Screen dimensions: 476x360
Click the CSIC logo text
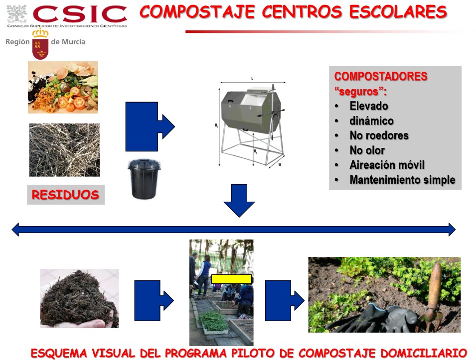pos(80,14)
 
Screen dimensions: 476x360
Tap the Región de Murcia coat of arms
pos(40,44)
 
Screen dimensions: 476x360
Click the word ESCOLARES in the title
pos(398,12)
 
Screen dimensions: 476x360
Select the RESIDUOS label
pos(66,195)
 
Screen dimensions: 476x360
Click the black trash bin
pos(144,179)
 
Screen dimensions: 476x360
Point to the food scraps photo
pos(63,87)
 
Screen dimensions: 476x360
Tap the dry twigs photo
pos(64,150)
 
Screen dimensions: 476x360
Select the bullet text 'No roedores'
pos(379,135)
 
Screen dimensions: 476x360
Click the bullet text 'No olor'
pos(367,150)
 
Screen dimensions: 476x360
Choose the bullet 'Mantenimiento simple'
pos(402,180)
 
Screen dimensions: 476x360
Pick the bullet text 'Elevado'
pos(369,106)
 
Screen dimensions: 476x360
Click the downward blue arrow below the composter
pos(239,201)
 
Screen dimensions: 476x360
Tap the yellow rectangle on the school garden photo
pos(231,279)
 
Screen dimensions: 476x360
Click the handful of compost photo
pos(79,298)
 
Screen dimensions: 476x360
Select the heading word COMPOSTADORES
pos(381,76)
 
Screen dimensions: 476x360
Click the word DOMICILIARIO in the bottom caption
pos(424,353)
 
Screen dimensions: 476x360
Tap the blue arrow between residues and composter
pos(150,126)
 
